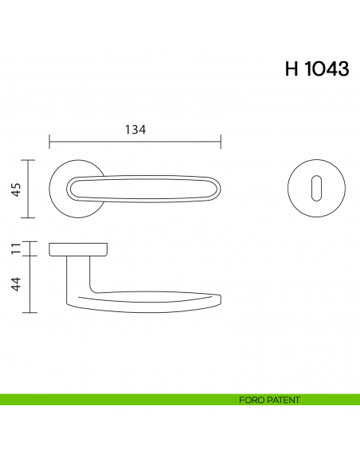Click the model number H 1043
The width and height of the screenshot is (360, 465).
317,69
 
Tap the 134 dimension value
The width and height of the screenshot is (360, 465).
135,130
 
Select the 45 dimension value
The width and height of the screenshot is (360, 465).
16,189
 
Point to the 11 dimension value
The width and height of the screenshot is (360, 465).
16,248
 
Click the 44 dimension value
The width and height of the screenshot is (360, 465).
16,283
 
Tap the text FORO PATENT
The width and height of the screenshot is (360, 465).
269,400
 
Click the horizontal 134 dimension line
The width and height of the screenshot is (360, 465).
135,143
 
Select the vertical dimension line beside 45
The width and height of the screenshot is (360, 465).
30,189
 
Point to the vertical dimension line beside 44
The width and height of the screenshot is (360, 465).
30,284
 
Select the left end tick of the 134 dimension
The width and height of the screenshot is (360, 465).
49,143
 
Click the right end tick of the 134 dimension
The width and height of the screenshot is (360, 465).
221,143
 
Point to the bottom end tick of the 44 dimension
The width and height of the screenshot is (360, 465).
30,312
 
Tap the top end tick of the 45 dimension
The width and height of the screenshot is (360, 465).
30,160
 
